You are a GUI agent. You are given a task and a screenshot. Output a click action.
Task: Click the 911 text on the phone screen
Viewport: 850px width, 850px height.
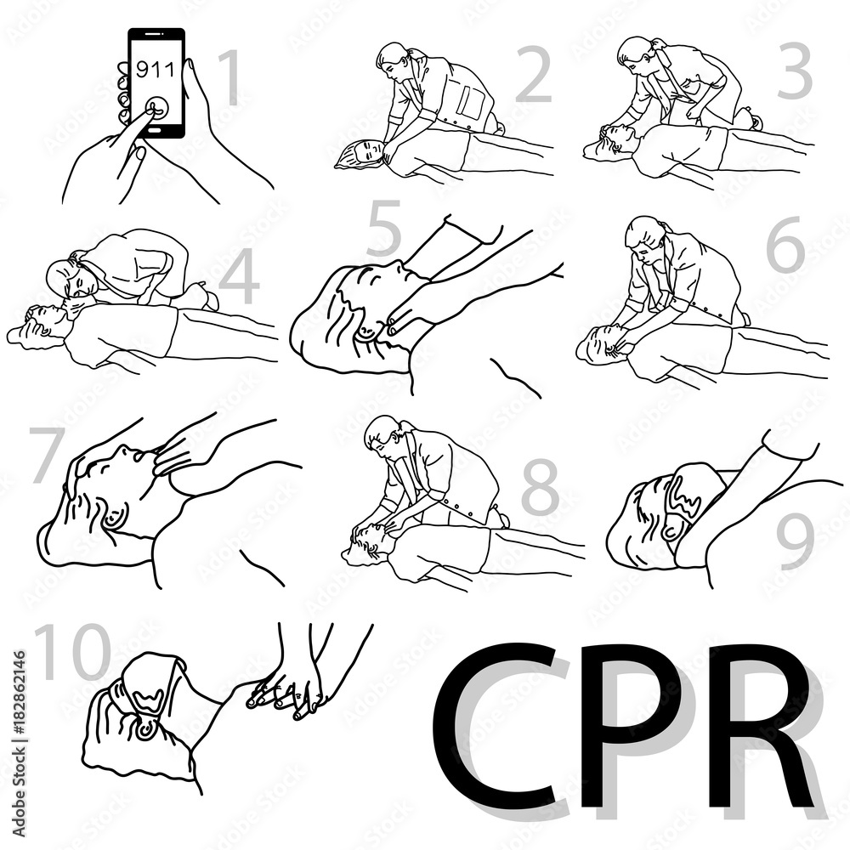(156, 69)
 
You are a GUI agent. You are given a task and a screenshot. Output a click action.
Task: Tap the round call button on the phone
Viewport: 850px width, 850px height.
(156, 109)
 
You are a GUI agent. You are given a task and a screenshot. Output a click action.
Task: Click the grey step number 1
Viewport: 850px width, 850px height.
(230, 77)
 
